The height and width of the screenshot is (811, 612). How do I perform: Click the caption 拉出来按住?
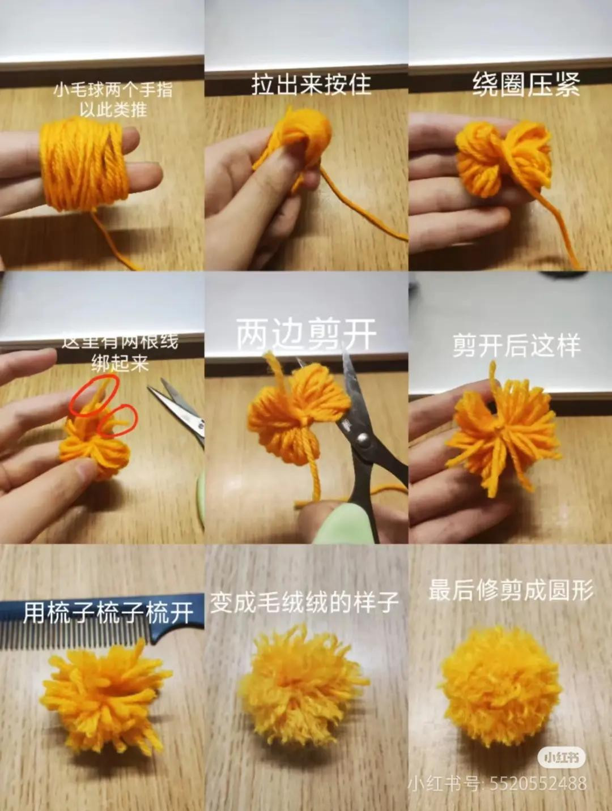tap(311, 84)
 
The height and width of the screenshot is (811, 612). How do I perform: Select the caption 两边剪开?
tap(306, 334)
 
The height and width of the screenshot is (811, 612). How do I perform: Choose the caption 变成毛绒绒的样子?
tap(305, 603)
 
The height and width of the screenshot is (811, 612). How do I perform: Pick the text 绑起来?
tap(120, 364)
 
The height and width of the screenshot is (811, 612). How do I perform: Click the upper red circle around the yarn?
tap(94, 395)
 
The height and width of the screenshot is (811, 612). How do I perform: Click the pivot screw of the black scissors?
tap(363, 440)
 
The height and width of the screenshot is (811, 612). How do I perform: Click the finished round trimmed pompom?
tap(500, 693)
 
